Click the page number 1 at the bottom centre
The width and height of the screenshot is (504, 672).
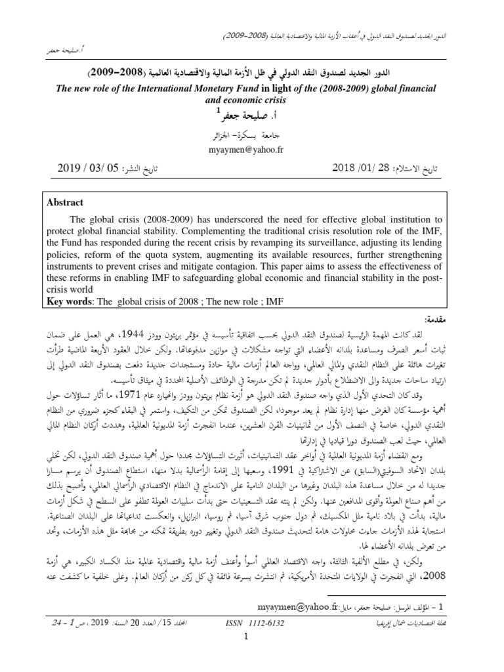[x=252, y=656]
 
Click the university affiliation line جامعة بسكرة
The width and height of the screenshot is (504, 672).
[x=251, y=135]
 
